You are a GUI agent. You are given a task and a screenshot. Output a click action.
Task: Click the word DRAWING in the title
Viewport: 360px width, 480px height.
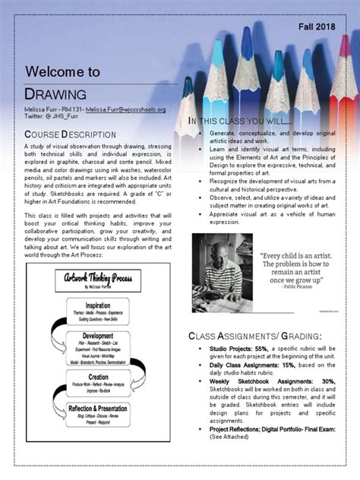point(56,93)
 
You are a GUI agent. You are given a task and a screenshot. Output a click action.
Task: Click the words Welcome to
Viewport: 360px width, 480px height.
point(62,71)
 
